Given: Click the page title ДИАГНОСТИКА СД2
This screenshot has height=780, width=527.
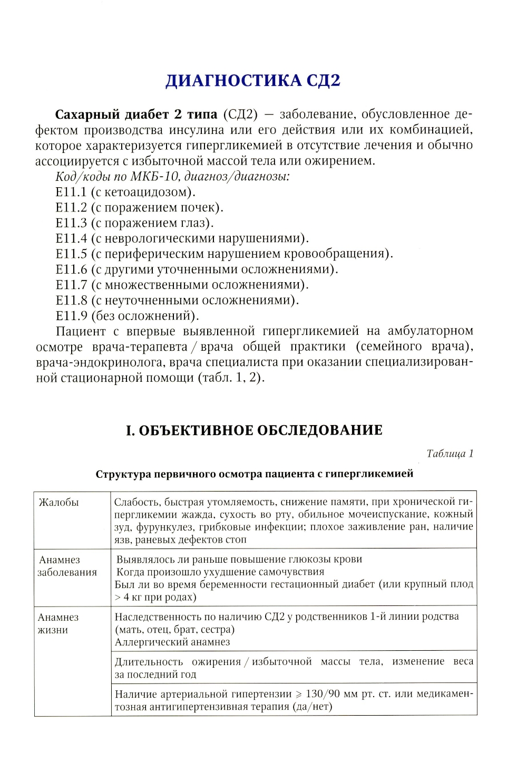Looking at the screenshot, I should pos(253,81).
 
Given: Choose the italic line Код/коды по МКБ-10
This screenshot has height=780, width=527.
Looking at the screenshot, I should pos(173,177).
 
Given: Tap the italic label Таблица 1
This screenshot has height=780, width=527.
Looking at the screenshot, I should pos(450,454).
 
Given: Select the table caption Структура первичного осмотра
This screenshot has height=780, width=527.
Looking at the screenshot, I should pos(254,474).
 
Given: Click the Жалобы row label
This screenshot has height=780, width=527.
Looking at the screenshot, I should pos(58,502).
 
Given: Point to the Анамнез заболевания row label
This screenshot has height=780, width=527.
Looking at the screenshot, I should pos(67,566).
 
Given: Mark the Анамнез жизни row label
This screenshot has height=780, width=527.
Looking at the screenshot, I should pos(58,623).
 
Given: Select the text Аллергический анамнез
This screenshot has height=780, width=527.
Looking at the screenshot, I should pos(172,642).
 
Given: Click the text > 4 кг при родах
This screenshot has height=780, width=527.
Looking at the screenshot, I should pos(155,597).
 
